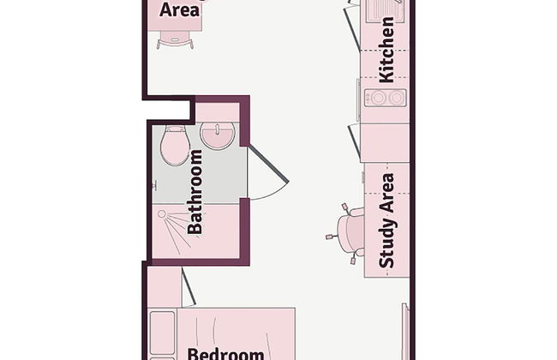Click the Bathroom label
pos(195,191)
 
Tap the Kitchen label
pos(386,50)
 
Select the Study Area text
pos(386,220)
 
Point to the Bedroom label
pos(225,353)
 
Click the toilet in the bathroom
pos(175,146)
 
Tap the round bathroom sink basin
pos(218,135)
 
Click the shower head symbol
pos(162,214)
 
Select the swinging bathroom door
pos(269,163)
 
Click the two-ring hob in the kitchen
pos(386,98)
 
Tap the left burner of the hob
pos(377,98)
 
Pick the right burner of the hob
pos(396,98)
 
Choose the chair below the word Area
pos(175,39)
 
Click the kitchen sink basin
pos(386,9)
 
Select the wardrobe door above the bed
pos(189,286)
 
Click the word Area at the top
pos(179,10)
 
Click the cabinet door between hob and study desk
pos(355,141)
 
